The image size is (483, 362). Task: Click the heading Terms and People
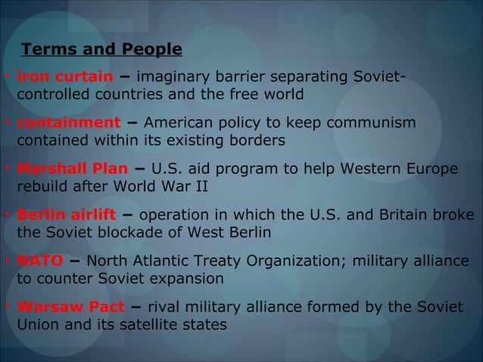click(101, 50)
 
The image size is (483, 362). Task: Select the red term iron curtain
click(65, 76)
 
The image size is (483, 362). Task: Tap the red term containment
click(68, 123)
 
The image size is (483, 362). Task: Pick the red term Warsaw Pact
click(70, 307)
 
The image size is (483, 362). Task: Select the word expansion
click(185, 279)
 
